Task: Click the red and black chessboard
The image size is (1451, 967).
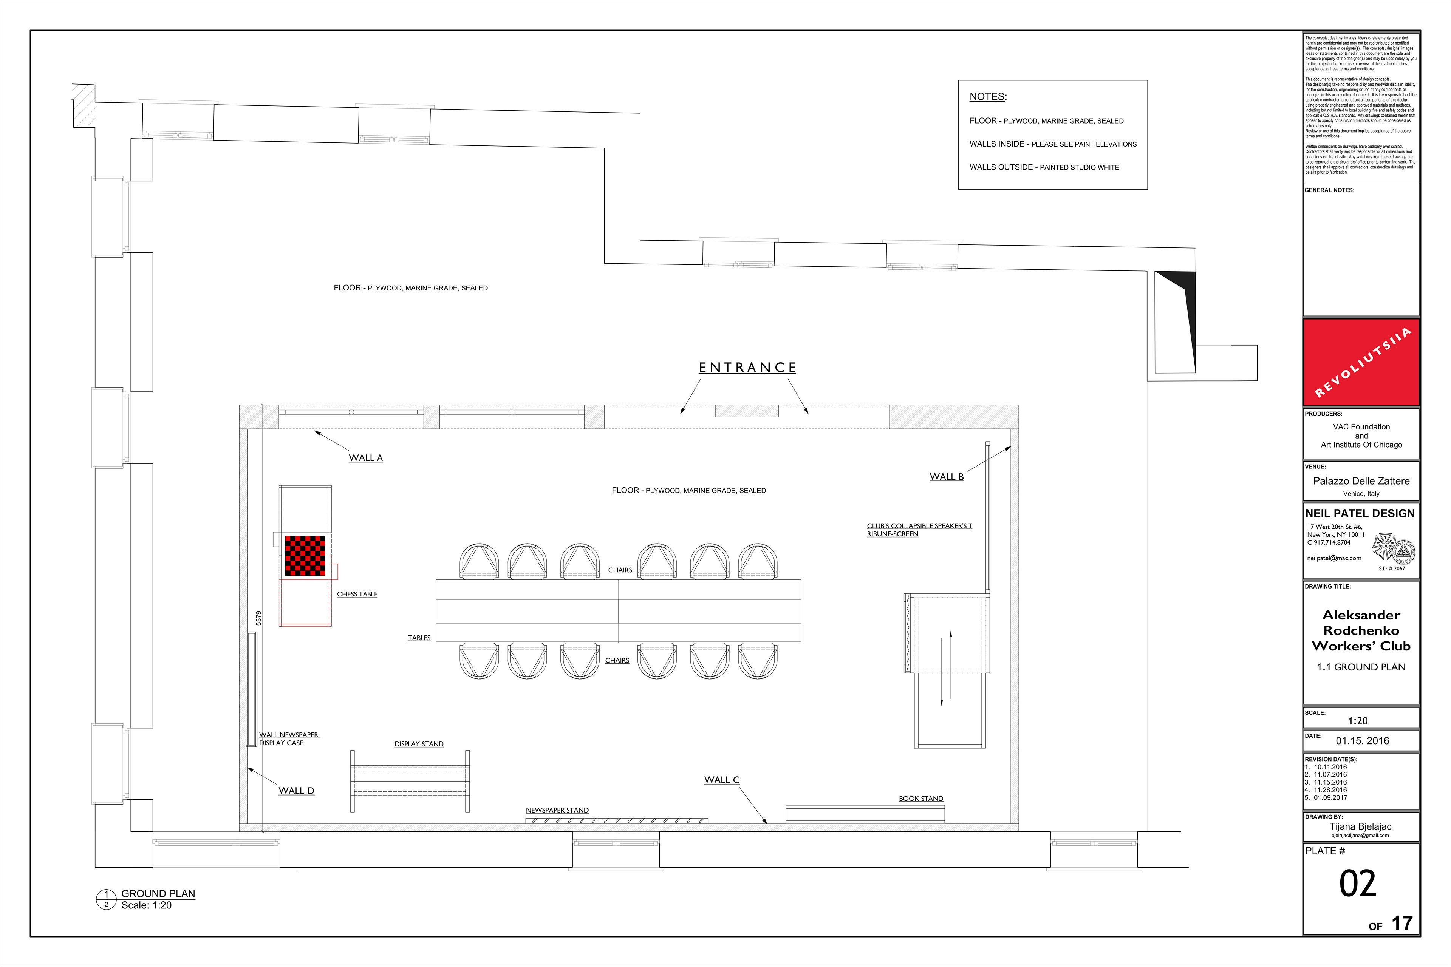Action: point(305,556)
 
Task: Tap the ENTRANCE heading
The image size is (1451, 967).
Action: point(747,368)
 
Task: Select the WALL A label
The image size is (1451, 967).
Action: point(366,458)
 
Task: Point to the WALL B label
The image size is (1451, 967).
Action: point(946,477)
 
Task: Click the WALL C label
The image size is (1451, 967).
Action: point(722,780)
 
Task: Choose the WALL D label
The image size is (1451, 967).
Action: point(296,791)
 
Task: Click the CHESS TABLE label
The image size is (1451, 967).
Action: point(357,595)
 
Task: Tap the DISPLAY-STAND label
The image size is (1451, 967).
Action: point(419,745)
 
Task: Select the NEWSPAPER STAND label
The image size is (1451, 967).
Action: point(557,810)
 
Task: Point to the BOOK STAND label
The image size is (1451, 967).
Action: point(920,799)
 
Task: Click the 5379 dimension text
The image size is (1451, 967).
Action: point(258,618)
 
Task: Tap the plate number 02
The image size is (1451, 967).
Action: point(1357,884)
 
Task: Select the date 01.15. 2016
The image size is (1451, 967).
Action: point(1362,741)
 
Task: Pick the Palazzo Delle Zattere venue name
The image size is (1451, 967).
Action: point(1361,481)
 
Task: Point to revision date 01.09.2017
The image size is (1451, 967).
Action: point(1330,797)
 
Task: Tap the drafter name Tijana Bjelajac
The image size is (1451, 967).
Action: point(1360,826)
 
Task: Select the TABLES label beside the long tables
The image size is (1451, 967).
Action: point(419,638)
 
